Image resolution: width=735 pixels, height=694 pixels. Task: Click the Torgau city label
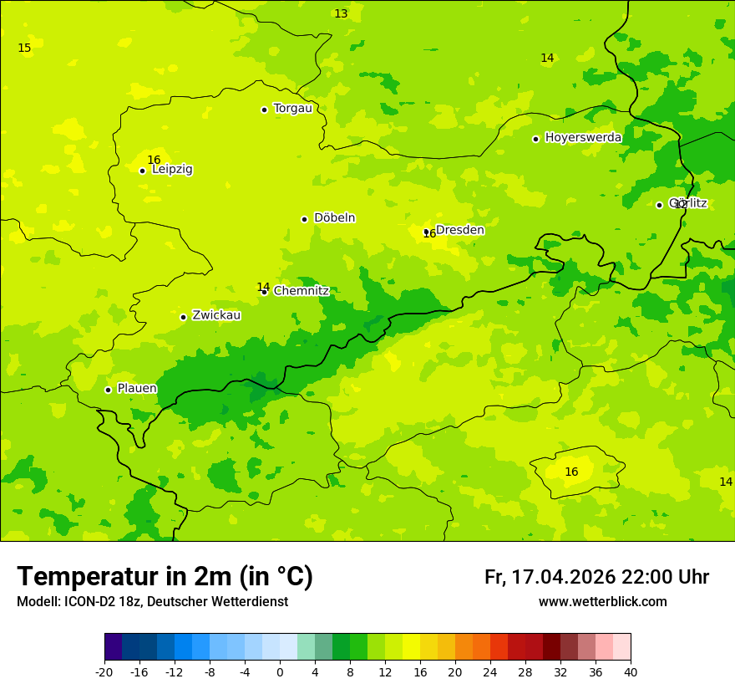[x=292, y=109]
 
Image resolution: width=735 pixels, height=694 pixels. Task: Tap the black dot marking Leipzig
[x=142, y=171]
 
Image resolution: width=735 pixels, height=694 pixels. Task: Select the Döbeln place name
[x=334, y=218]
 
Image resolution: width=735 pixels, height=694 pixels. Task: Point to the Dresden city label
[x=459, y=230]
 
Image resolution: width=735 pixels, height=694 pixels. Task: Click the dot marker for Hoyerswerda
[x=535, y=139]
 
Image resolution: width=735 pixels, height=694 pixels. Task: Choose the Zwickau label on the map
[x=216, y=315]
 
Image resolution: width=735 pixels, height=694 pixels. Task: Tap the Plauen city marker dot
[x=108, y=390]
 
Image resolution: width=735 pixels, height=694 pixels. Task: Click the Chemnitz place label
[x=301, y=291]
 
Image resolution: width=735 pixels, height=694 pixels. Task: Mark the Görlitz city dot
[x=659, y=205]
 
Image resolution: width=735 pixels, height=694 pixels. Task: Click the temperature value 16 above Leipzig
[x=154, y=160]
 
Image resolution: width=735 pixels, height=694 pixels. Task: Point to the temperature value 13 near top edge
[x=341, y=13]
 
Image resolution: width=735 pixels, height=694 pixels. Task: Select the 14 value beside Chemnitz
[x=263, y=287]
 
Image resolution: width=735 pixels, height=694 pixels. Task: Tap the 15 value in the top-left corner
[x=24, y=48]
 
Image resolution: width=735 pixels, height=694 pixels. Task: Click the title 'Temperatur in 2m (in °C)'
[x=165, y=576]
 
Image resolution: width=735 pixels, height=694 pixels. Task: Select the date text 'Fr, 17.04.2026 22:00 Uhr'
[x=596, y=577]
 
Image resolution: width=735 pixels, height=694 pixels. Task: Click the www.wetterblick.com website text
[x=602, y=602]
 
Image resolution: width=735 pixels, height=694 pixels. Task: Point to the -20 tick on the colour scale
[x=104, y=671]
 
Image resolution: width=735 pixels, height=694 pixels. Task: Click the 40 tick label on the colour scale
[x=631, y=671]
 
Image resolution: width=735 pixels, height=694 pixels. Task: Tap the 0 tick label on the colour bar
[x=280, y=671]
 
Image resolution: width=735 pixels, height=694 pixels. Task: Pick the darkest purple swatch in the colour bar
[x=113, y=647]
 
